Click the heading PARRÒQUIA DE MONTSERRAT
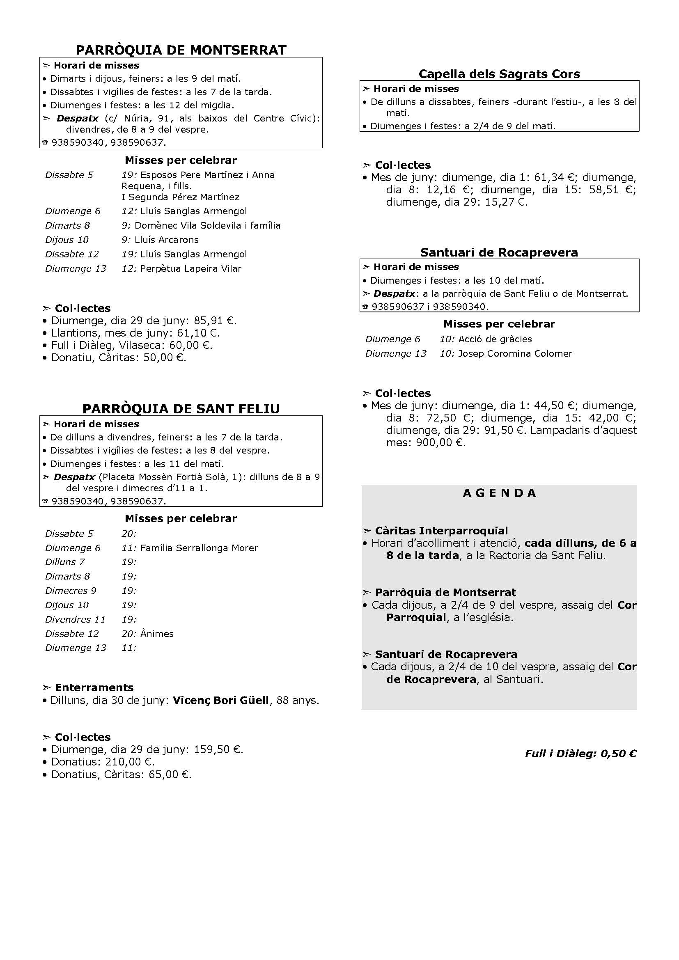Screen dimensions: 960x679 point(181,50)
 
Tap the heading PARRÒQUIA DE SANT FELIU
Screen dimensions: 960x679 point(181,408)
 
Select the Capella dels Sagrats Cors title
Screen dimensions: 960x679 point(499,74)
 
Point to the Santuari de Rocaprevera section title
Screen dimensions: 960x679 point(499,252)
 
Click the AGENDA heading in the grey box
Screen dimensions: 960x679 point(499,493)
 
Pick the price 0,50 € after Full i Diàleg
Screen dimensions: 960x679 point(618,754)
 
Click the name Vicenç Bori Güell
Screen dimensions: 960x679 point(221,700)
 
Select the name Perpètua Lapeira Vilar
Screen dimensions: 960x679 point(190,268)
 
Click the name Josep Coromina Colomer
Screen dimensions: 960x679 point(515,353)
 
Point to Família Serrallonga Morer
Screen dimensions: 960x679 point(199,548)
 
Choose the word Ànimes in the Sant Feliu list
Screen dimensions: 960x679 point(157,634)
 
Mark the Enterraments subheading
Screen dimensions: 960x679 point(94,688)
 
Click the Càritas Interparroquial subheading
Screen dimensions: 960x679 point(441,531)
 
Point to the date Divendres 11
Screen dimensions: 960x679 point(75,619)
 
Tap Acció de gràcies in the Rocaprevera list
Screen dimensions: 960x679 point(495,339)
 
